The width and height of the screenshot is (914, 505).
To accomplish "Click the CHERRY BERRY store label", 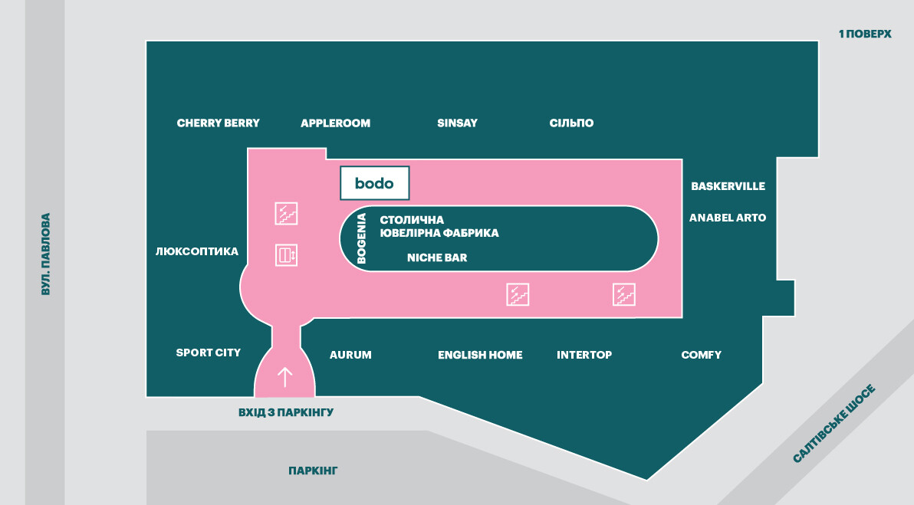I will coord(218,123).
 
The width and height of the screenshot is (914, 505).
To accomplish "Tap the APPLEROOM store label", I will coord(335,123).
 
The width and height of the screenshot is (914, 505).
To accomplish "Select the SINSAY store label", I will coord(457,123).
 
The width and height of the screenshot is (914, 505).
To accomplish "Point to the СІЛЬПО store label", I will coord(571,123).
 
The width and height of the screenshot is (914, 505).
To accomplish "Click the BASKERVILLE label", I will coord(728,186).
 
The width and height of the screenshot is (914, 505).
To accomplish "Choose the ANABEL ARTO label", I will coord(728,218).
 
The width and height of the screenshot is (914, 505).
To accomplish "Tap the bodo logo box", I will coord(374,183).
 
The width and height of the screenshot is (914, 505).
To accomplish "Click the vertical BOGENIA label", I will coord(362,238).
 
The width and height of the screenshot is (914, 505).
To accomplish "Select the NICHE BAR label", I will coord(437,258).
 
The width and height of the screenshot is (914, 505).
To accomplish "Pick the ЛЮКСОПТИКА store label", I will coord(197,251).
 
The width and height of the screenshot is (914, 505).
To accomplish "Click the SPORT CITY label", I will coord(209,353).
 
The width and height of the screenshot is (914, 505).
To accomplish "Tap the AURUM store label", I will coord(350,355).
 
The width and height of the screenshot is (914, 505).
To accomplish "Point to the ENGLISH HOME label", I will coord(480,355).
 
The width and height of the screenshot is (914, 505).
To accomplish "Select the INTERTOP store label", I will coord(584,355).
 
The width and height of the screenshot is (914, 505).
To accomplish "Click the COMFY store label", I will coord(701,355).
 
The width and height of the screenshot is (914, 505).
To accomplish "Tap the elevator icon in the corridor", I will coord(286,254).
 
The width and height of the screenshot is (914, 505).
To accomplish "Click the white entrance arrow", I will coord(284,376).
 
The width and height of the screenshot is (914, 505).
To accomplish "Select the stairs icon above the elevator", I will coord(286,213).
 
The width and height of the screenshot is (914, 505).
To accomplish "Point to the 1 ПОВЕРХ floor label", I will coord(865,34).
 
